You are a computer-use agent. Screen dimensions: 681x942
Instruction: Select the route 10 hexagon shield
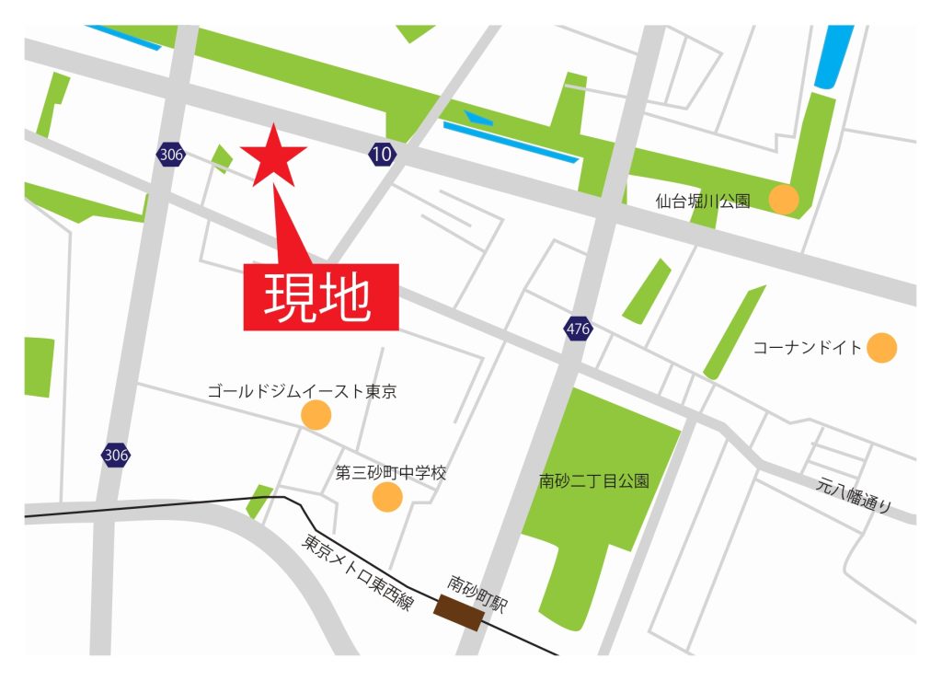point(382,154)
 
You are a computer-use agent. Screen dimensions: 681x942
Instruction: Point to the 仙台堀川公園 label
point(703,201)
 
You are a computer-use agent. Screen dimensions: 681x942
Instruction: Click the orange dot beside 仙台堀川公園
point(783,199)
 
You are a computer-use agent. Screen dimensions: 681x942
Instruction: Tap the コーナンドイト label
point(808,348)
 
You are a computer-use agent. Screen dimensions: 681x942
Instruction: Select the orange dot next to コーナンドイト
point(881,347)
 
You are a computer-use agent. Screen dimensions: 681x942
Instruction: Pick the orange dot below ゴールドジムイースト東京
point(316,415)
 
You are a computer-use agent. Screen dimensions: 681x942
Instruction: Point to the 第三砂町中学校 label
point(391,473)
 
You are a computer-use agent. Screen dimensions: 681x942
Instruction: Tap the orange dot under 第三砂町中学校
point(387,497)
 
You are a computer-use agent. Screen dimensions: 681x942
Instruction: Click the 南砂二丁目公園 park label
point(594,480)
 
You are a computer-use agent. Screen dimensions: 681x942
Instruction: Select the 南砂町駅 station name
point(477,594)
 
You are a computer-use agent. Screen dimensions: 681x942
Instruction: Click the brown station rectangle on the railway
point(459,612)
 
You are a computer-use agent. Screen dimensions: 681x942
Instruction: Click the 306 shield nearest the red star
point(171,154)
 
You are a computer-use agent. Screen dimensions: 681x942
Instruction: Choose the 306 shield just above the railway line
point(116,455)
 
